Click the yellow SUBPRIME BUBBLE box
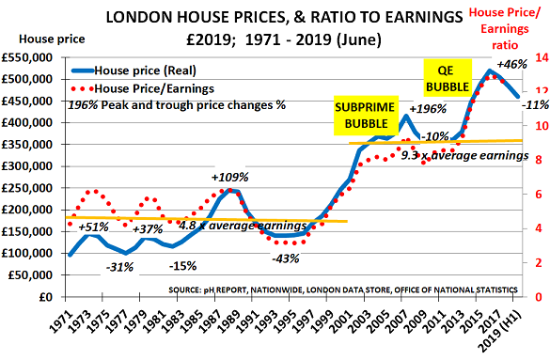pyautogui.click(x=366, y=116)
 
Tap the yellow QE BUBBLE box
pyautogui.click(x=448, y=78)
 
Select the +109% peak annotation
pyautogui.click(x=229, y=178)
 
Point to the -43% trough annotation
pyautogui.click(x=286, y=259)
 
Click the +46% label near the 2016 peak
pyautogui.click(x=511, y=65)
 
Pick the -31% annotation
pyautogui.click(x=120, y=268)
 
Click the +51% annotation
pyautogui.click(x=94, y=227)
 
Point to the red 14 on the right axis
pyautogui.click(x=542, y=57)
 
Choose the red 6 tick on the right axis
pyautogui.click(x=539, y=195)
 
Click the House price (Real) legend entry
pyautogui.click(x=134, y=70)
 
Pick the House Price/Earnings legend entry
pyautogui.click(x=142, y=88)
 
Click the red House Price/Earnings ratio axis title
pyautogui.click(x=504, y=29)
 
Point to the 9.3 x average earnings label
pyautogui.click(x=464, y=155)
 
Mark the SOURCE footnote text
pyautogui.click(x=343, y=290)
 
